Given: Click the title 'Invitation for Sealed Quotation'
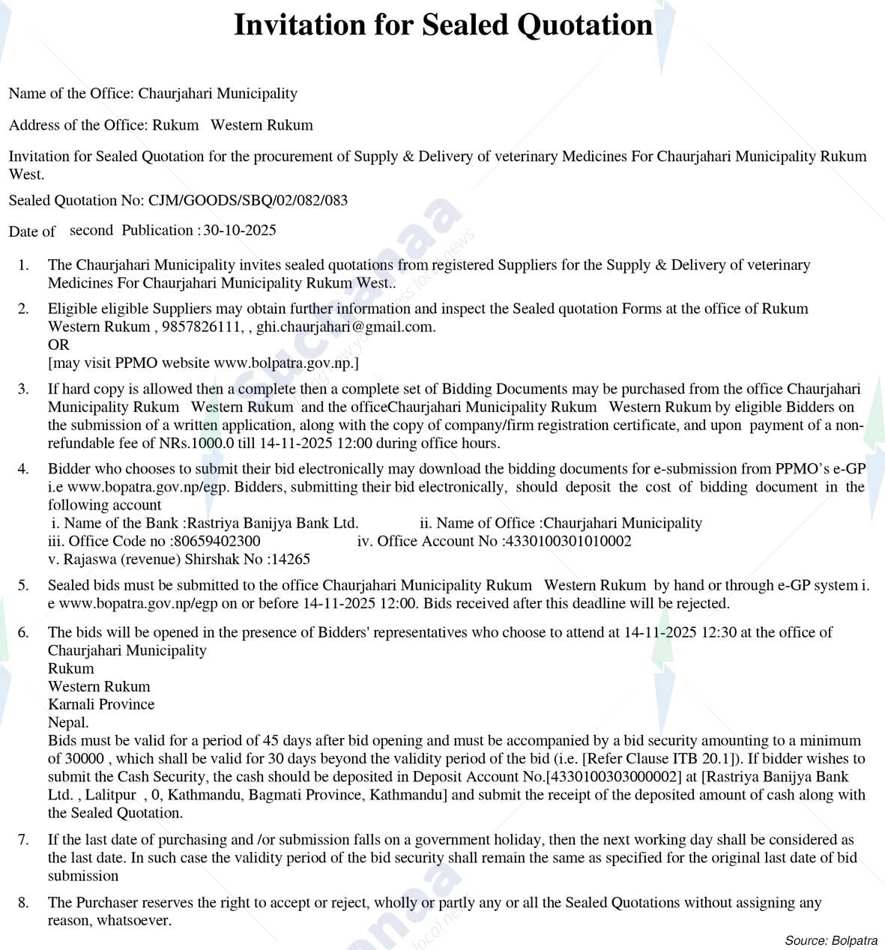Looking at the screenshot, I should pyautogui.click(x=443, y=25).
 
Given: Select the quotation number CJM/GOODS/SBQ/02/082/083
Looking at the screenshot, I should pyautogui.click(x=248, y=200).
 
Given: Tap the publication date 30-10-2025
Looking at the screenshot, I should pyautogui.click(x=240, y=230).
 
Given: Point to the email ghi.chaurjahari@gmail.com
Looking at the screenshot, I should pyautogui.click(x=345, y=327).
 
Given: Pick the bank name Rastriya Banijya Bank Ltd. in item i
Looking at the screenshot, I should pyautogui.click(x=273, y=523).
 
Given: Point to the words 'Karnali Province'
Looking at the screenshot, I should pyautogui.click(x=101, y=704).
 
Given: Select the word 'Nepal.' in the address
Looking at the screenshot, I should pyautogui.click(x=68, y=722).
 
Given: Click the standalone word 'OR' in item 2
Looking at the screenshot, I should pyautogui.click(x=58, y=345).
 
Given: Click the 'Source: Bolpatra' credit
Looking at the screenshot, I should pyautogui.click(x=831, y=940).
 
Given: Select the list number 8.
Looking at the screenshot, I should pyautogui.click(x=23, y=903).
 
